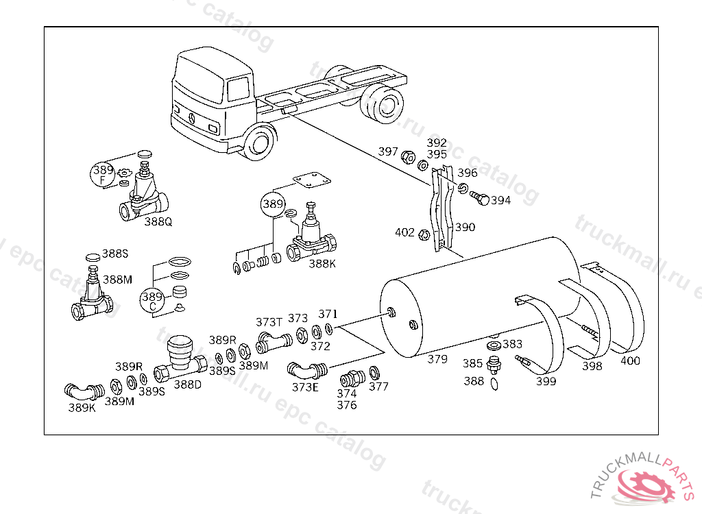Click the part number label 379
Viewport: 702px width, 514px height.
(437, 359)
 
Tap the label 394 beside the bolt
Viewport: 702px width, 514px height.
(501, 201)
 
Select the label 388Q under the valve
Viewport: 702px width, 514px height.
(158, 221)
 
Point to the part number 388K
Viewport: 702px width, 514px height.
(322, 262)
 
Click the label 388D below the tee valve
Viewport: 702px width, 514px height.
(187, 384)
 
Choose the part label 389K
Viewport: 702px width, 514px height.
(82, 407)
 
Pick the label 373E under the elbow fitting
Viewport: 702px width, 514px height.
(306, 387)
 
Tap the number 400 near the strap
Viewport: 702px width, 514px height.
(630, 361)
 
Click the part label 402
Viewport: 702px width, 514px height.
(404, 232)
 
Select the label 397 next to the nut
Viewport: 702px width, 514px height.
(388, 151)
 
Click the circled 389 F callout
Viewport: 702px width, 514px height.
(103, 174)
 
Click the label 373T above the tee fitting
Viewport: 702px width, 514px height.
(269, 321)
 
